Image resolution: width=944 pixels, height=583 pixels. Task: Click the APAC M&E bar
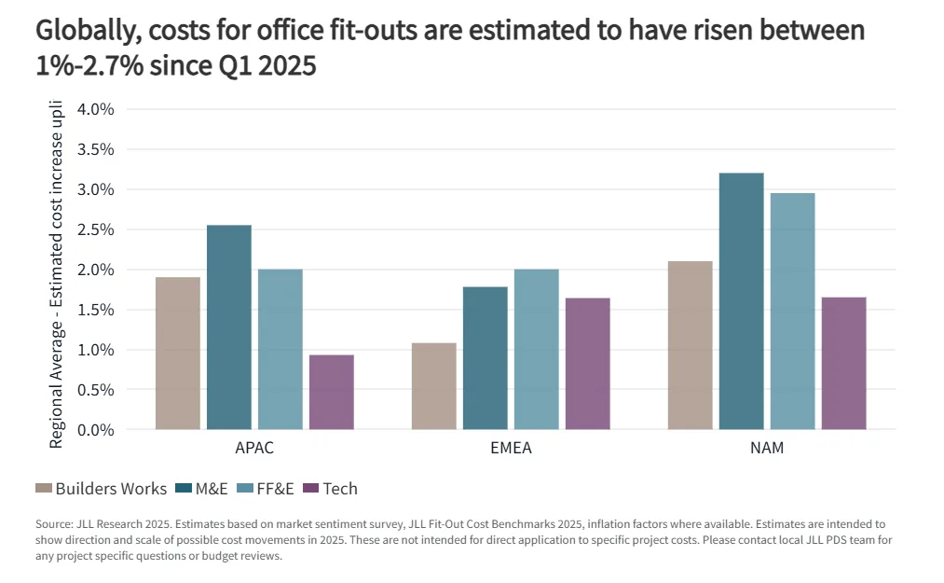pyautogui.click(x=228, y=327)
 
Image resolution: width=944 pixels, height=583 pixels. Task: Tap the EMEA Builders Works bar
pyautogui.click(x=433, y=386)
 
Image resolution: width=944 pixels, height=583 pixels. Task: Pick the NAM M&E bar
pyautogui.click(x=741, y=301)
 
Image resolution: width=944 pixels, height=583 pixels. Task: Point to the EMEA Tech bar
pyautogui.click(x=587, y=364)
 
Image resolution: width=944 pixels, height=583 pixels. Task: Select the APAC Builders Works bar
pyautogui.click(x=177, y=354)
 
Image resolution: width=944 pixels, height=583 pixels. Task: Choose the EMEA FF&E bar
pyautogui.click(x=536, y=350)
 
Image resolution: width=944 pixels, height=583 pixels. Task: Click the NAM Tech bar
pyautogui.click(x=843, y=364)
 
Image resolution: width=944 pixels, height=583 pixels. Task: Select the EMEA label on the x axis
pyautogui.click(x=511, y=449)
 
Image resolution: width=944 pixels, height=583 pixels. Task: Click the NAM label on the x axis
pyautogui.click(x=767, y=449)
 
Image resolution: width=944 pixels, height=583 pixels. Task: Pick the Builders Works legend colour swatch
pyautogui.click(x=43, y=489)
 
